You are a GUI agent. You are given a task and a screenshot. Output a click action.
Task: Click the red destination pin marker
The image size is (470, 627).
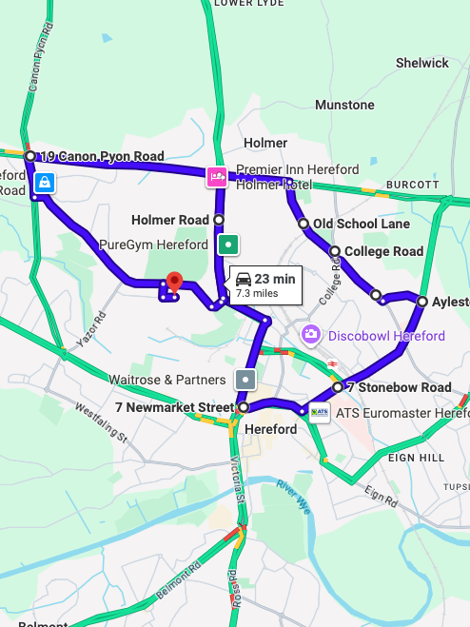click(x=173, y=283)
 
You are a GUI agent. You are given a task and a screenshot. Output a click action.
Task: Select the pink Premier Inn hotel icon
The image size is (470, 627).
click(x=216, y=175)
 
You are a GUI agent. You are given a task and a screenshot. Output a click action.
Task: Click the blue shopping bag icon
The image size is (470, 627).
click(x=44, y=182)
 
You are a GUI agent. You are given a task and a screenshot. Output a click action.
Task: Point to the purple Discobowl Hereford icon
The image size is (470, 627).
click(x=310, y=335)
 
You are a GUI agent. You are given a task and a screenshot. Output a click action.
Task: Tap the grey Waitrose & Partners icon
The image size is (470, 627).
click(x=245, y=379)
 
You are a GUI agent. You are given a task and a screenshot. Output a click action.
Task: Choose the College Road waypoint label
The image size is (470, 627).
click(x=383, y=251)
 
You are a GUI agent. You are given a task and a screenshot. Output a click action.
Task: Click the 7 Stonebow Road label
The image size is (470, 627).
click(x=399, y=387)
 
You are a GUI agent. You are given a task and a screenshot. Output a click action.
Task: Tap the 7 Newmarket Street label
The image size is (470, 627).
click(x=173, y=407)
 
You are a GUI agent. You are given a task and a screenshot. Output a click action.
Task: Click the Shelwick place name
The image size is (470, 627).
click(x=421, y=63)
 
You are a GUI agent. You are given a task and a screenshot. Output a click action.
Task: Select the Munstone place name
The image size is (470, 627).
click(x=344, y=105)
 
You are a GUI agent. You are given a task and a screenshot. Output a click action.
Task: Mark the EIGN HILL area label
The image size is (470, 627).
click(x=411, y=458)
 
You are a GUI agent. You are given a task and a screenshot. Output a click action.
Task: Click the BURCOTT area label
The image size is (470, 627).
click(x=412, y=184)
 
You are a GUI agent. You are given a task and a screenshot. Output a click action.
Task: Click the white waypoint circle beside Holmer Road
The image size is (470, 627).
click(x=219, y=220)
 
